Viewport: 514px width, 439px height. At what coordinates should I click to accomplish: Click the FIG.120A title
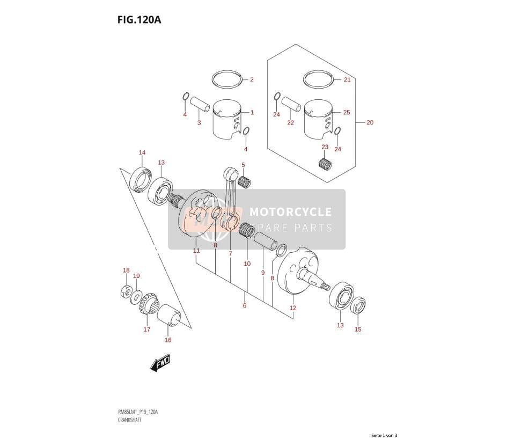[x=139, y=20]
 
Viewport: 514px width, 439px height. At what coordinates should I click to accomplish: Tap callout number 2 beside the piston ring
[x=252, y=79]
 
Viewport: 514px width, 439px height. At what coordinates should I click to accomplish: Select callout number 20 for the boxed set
[x=370, y=122]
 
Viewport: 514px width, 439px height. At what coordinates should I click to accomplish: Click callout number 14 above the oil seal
[x=142, y=152]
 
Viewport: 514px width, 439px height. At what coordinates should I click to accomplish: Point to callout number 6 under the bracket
[x=245, y=305]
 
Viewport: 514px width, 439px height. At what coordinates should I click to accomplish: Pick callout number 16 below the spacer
[x=168, y=340]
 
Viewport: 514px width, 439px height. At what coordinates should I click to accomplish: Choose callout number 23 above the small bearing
[x=325, y=147]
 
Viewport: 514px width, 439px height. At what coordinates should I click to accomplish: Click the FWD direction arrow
[x=160, y=363]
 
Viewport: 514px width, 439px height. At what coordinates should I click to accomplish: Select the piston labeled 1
[x=227, y=120]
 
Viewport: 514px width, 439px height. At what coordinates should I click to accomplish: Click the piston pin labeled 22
[x=291, y=104]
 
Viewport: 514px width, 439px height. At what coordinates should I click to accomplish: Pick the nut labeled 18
[x=126, y=291]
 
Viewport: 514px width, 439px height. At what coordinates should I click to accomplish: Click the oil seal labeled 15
[x=358, y=305]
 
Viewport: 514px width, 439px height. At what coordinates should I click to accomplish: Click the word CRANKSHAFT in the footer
[x=129, y=420]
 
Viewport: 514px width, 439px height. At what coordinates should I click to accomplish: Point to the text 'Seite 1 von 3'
[x=384, y=435]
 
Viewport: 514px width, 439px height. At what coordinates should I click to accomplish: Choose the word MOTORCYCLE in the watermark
[x=290, y=212]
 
